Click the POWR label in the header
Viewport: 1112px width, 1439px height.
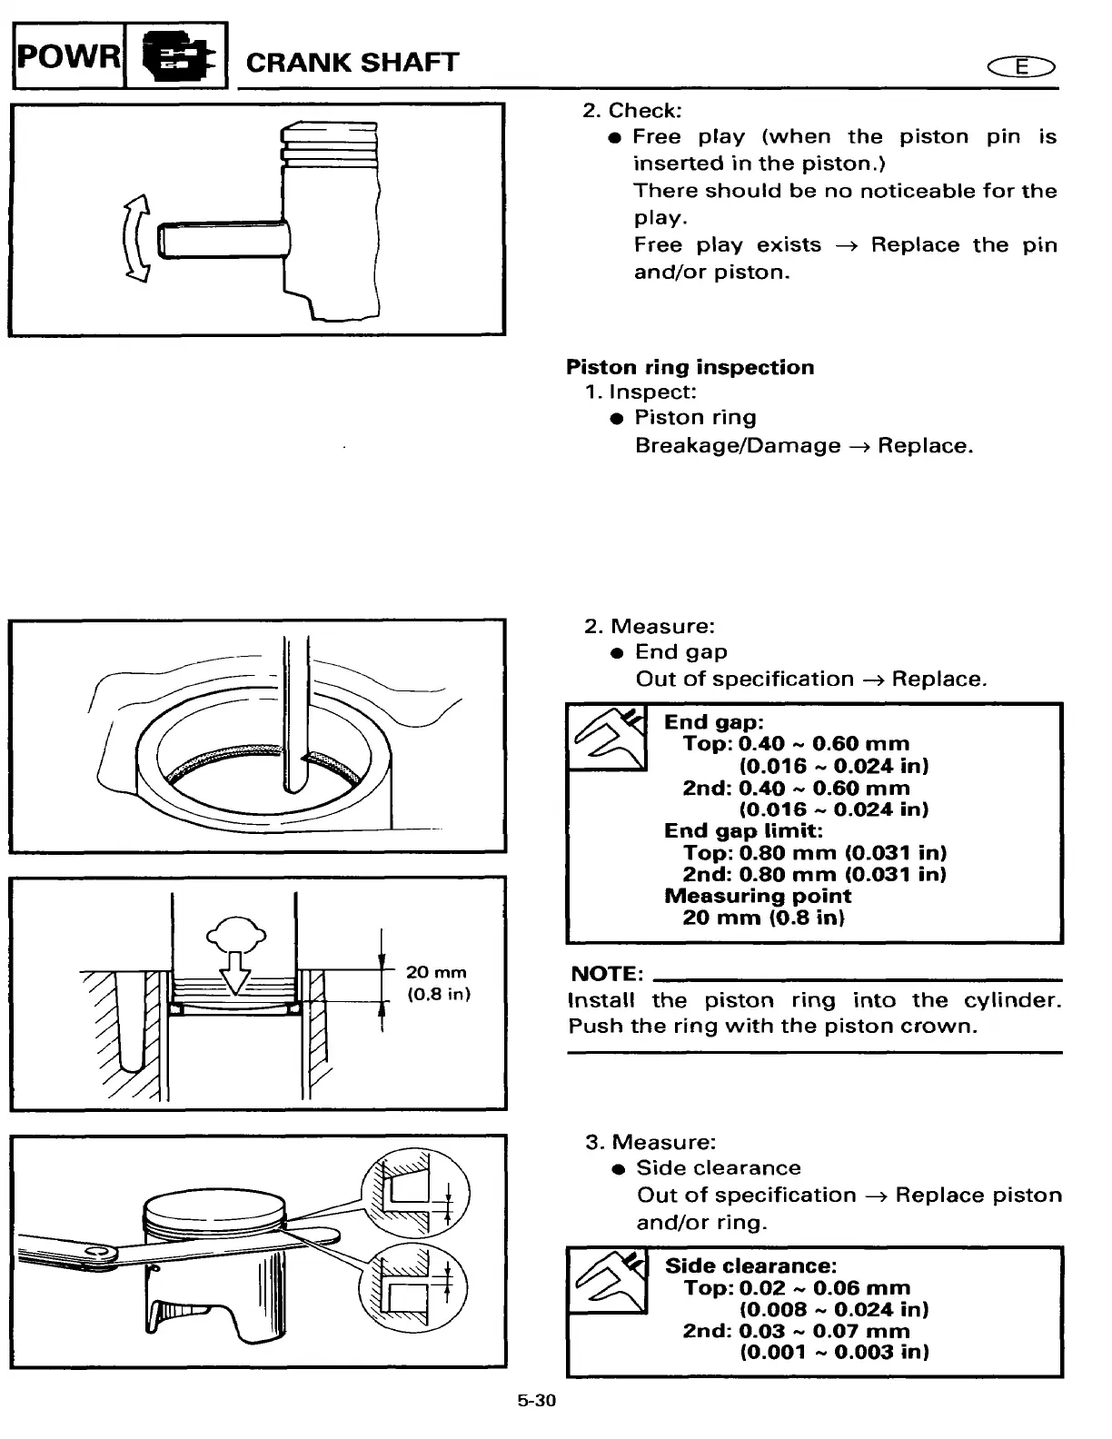67,57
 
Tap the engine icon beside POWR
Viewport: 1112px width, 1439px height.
175,57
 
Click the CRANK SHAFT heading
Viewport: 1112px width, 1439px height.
352,63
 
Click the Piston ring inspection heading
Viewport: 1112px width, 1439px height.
690,367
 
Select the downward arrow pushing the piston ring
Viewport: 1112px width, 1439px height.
236,969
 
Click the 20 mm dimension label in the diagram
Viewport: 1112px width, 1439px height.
436,973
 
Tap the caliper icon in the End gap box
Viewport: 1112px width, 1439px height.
607,738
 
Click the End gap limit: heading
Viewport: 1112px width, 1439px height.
743,830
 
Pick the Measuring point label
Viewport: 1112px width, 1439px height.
758,896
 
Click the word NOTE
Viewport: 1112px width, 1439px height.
607,974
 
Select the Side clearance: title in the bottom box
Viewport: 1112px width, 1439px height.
750,1266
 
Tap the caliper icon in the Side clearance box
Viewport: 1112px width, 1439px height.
607,1281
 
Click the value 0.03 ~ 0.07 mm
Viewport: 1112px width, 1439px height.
824,1331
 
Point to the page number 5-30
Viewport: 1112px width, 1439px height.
536,1401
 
